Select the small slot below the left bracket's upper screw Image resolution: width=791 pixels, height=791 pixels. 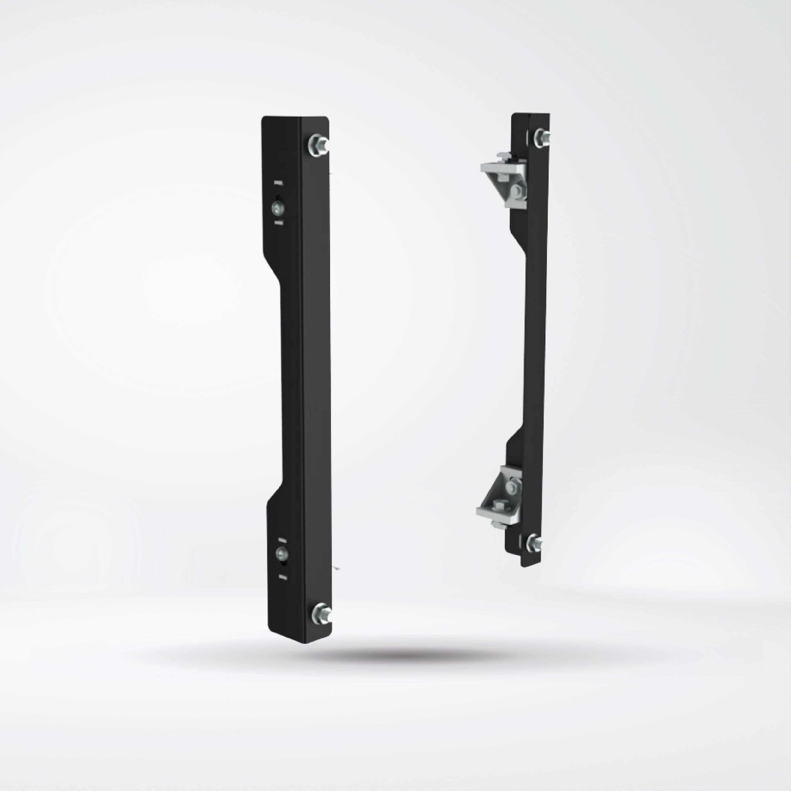pyautogui.click(x=278, y=222)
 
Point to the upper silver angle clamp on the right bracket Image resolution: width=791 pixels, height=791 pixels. pyautogui.click(x=504, y=176)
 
